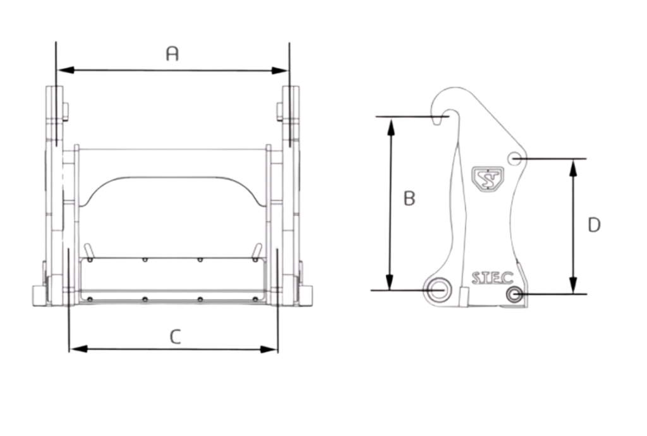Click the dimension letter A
172,54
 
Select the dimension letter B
409,198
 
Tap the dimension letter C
175,336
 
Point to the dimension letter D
593,225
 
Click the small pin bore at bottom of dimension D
514,294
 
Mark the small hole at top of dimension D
516,158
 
